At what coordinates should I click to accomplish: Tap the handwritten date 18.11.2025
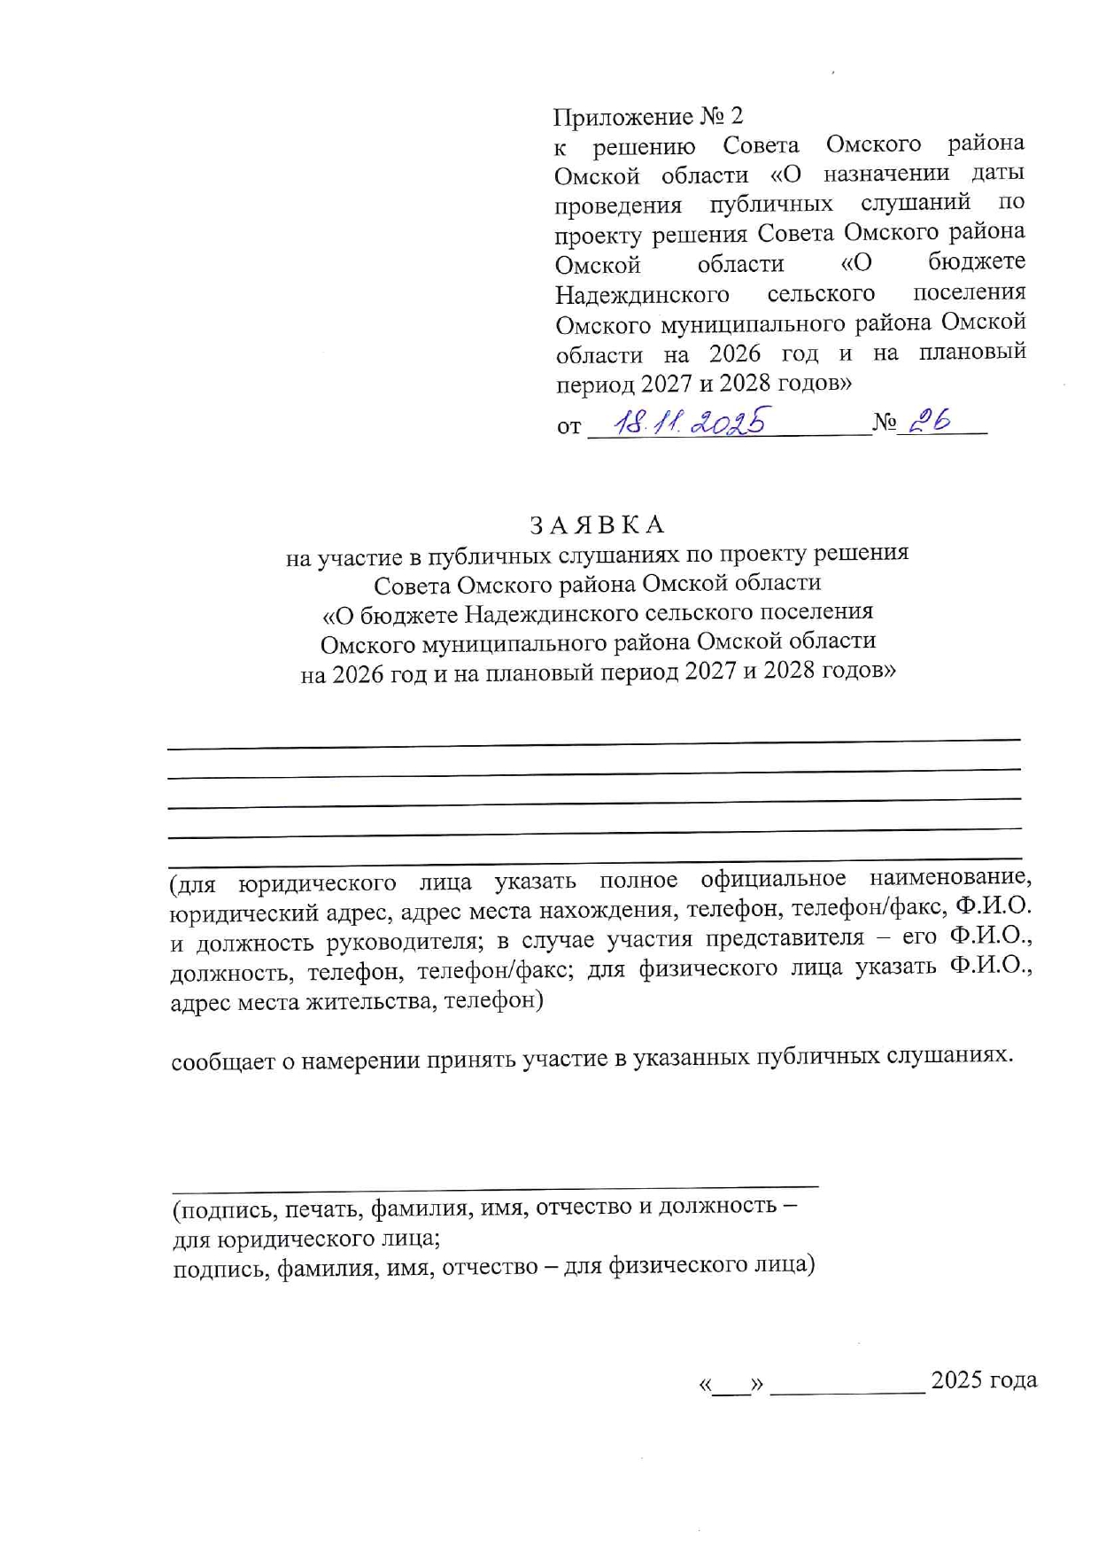click(690, 422)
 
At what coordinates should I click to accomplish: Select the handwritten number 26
click(930, 422)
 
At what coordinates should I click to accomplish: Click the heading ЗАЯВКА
click(597, 524)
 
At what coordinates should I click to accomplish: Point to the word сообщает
click(223, 1061)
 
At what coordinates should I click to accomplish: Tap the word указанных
click(692, 1058)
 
